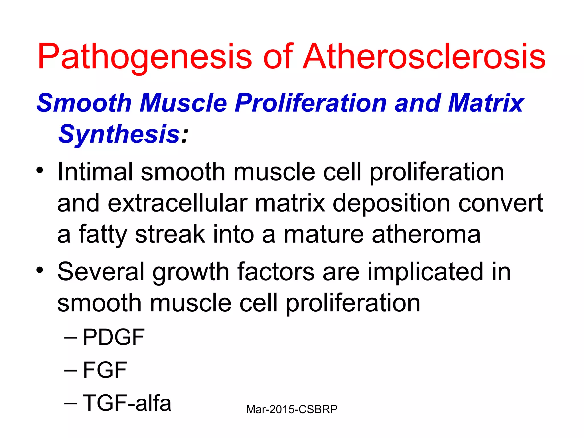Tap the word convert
click(x=500, y=203)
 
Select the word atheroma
click(x=426, y=234)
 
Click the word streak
click(x=170, y=234)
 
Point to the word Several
click(x=101, y=272)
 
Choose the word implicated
click(x=425, y=272)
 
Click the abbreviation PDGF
click(x=113, y=337)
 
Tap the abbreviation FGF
click(x=105, y=370)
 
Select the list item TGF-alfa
click(x=127, y=403)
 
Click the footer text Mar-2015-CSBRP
click(x=292, y=409)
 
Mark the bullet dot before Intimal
click(x=40, y=171)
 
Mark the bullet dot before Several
click(x=40, y=269)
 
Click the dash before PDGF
click(x=70, y=338)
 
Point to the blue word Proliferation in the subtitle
click(x=311, y=103)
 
